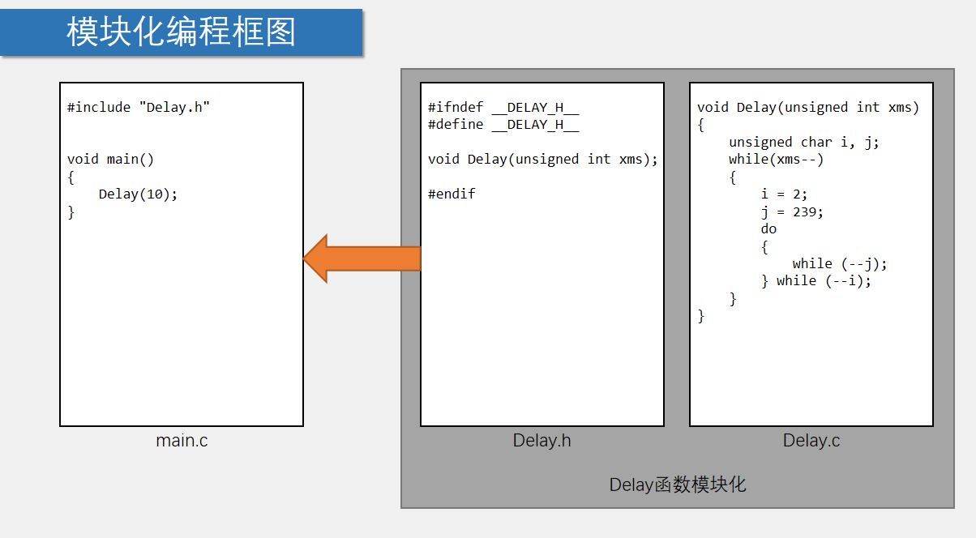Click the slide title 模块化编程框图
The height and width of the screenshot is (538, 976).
[x=182, y=32]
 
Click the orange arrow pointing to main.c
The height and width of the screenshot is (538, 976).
[x=362, y=258]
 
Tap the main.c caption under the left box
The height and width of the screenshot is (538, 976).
[x=182, y=441]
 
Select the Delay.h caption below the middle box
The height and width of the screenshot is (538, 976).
[x=542, y=441]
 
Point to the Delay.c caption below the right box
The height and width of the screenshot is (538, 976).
[x=811, y=441]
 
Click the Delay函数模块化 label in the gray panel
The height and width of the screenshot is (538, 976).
[x=678, y=485]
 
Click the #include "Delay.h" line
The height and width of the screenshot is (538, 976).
[x=139, y=107]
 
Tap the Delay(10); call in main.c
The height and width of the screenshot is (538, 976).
[x=138, y=194]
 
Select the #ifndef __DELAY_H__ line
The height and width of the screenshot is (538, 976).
[x=503, y=107]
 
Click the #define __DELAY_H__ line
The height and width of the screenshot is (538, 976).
[x=503, y=124]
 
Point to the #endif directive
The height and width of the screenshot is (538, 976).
[x=452, y=194]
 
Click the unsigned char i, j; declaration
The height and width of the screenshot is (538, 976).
[x=803, y=142]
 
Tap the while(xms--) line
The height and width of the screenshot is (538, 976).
[x=776, y=159]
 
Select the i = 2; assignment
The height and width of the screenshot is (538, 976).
[x=784, y=194]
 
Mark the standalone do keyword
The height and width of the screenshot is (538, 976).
[x=768, y=228]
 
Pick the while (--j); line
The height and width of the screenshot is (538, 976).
[x=840, y=263]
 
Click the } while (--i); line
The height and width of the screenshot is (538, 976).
[x=815, y=280]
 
